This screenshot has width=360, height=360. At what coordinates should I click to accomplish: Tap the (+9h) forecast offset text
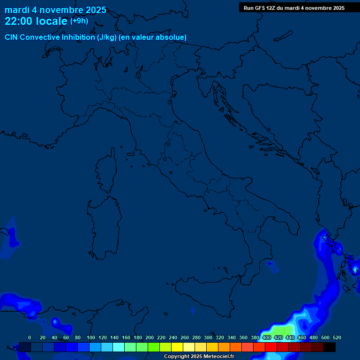pyautogui.click(x=79, y=21)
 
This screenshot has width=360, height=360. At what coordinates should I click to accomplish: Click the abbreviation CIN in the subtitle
pyautogui.click(x=12, y=37)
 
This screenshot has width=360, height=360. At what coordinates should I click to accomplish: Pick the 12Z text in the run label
pyautogui.click(x=271, y=8)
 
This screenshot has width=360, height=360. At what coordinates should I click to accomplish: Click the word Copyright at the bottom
pyautogui.click(x=176, y=357)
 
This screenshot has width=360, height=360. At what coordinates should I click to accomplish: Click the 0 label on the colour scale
pyautogui.click(x=30, y=337)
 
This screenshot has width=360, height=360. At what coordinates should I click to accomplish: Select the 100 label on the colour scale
pyautogui.click(x=91, y=337)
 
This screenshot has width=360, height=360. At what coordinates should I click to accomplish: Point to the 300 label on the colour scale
pyautogui.click(x=208, y=337)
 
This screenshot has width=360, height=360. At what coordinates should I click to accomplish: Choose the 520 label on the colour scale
pyautogui.click(x=337, y=337)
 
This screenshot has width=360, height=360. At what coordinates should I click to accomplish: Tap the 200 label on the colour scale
pyautogui.click(x=150, y=337)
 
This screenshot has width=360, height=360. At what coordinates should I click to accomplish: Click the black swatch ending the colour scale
pyautogui.click(x=330, y=347)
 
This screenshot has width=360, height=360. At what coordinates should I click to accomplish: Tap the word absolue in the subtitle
pyautogui.click(x=172, y=37)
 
